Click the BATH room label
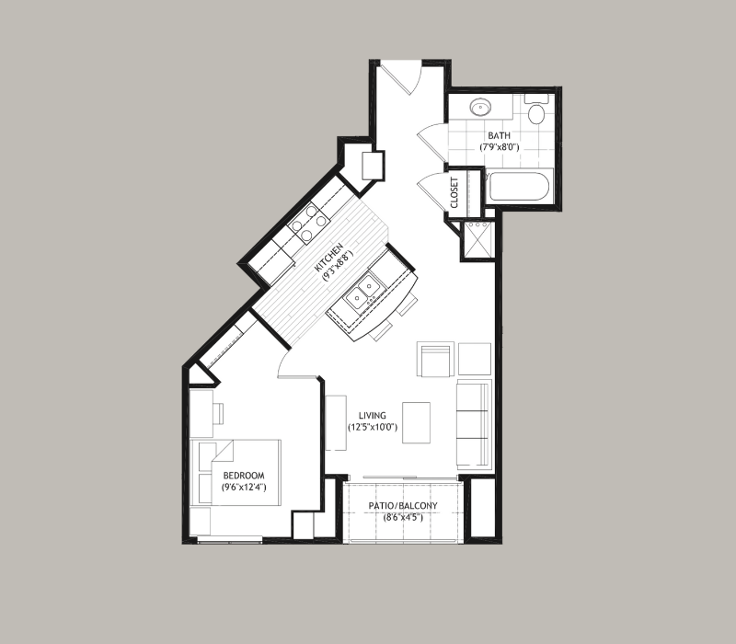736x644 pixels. pos(499,135)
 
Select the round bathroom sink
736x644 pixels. pos(480,107)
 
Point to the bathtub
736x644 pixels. pos(519,188)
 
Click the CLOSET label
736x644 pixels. pos(454,192)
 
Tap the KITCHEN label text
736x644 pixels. pos(328,258)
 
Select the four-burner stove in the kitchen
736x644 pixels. pos(308,224)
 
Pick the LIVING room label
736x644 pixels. pos(373,416)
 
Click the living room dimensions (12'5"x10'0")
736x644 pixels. pos(373,427)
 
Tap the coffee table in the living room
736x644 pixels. pos(416,422)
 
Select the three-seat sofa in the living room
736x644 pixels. pos(473,425)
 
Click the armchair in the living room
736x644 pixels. pos(435,359)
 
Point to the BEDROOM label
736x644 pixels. pos(244,476)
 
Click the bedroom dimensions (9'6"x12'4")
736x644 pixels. pos(244,488)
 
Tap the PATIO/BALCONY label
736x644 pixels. pos(403,505)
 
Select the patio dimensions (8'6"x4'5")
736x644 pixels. pos(403,517)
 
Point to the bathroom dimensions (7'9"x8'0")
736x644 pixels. pos(499,147)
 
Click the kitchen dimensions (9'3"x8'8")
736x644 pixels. pos(338,265)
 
